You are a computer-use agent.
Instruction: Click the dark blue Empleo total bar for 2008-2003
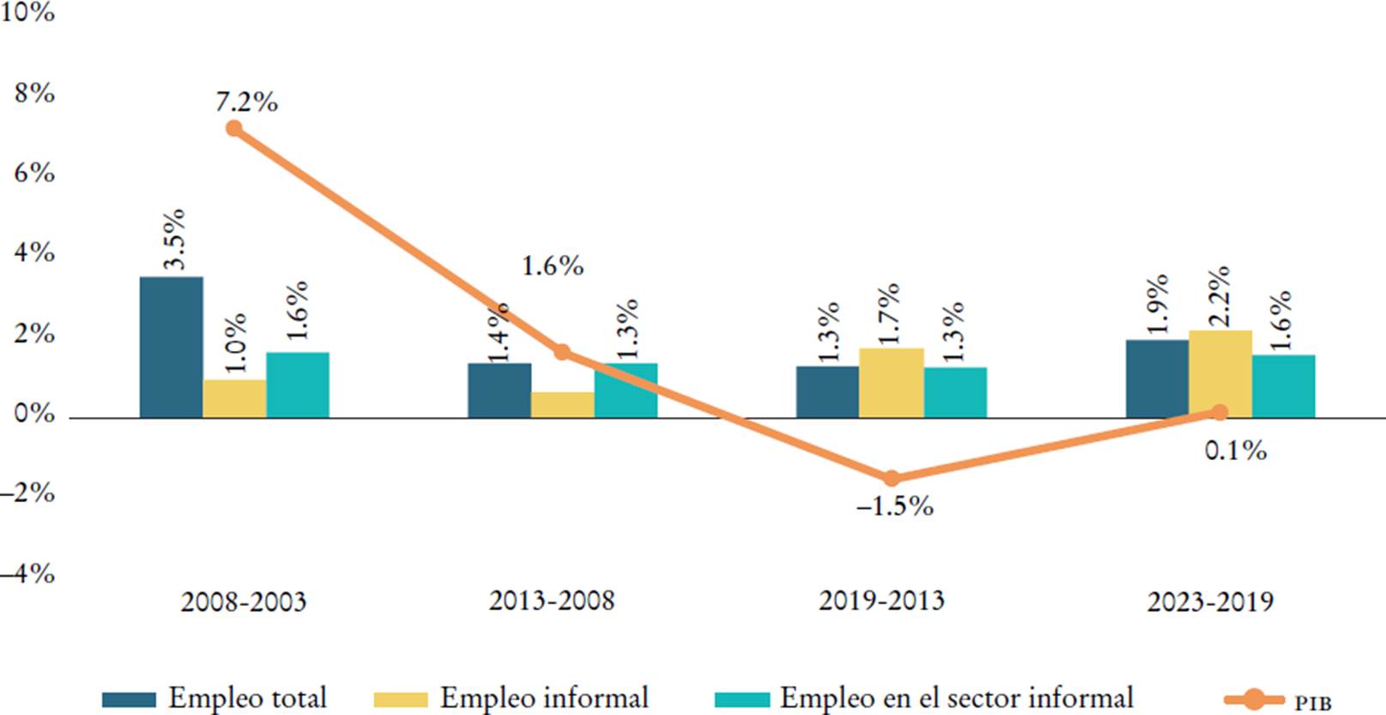[x=172, y=348]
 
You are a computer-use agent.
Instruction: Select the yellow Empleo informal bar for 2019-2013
[x=891, y=384]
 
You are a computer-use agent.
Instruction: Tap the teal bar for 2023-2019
[x=1283, y=386]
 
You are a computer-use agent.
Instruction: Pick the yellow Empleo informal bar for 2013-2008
[x=562, y=406]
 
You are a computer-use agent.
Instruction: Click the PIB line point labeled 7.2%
[x=233, y=129]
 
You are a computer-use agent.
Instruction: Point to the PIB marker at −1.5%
[x=891, y=478]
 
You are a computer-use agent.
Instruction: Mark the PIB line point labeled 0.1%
[x=1220, y=412]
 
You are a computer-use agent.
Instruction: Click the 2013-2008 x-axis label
[x=552, y=600]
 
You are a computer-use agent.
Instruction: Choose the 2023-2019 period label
[x=1210, y=602]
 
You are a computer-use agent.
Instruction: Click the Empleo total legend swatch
[x=129, y=700]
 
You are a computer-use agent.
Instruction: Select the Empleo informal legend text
[x=544, y=698]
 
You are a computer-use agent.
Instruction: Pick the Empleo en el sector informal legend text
[x=956, y=698]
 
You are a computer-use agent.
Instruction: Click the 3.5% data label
[x=174, y=239]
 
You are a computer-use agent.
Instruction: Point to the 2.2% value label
[x=1220, y=296]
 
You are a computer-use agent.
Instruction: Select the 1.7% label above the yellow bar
[x=891, y=313]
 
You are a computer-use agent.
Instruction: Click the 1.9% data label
[x=1157, y=304]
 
